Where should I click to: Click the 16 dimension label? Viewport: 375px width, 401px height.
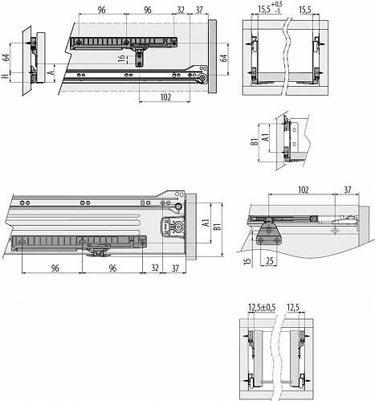click(x=122, y=59)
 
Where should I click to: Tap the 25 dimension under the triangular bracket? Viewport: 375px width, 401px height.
click(x=270, y=260)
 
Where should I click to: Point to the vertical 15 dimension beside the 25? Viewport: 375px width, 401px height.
click(x=248, y=260)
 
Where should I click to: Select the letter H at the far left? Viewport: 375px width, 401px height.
click(x=5, y=76)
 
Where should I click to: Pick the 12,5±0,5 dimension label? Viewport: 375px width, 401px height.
click(x=262, y=308)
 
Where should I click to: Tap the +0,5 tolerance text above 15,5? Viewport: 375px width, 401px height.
click(x=276, y=5)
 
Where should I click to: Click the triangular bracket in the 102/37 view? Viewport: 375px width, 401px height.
click(x=268, y=234)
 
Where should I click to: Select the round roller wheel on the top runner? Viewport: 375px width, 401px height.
click(x=202, y=78)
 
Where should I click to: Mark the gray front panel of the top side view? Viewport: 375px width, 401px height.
click(x=212, y=56)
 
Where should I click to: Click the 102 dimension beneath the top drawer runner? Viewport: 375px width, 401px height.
click(x=165, y=97)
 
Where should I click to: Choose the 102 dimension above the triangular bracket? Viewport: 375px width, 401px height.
click(x=304, y=190)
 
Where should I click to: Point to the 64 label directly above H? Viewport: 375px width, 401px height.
click(x=6, y=58)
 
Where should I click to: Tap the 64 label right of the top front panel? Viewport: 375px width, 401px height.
click(x=224, y=58)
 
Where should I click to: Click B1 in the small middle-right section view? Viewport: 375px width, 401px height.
click(x=255, y=141)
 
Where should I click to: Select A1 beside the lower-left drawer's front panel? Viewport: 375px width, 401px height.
click(x=206, y=223)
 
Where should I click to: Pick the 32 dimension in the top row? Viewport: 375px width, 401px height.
click(x=181, y=10)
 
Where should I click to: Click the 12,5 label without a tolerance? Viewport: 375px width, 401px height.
click(x=293, y=308)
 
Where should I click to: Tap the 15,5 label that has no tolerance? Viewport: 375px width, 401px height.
click(x=305, y=10)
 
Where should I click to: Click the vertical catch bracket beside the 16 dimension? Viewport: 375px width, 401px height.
click(x=139, y=57)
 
